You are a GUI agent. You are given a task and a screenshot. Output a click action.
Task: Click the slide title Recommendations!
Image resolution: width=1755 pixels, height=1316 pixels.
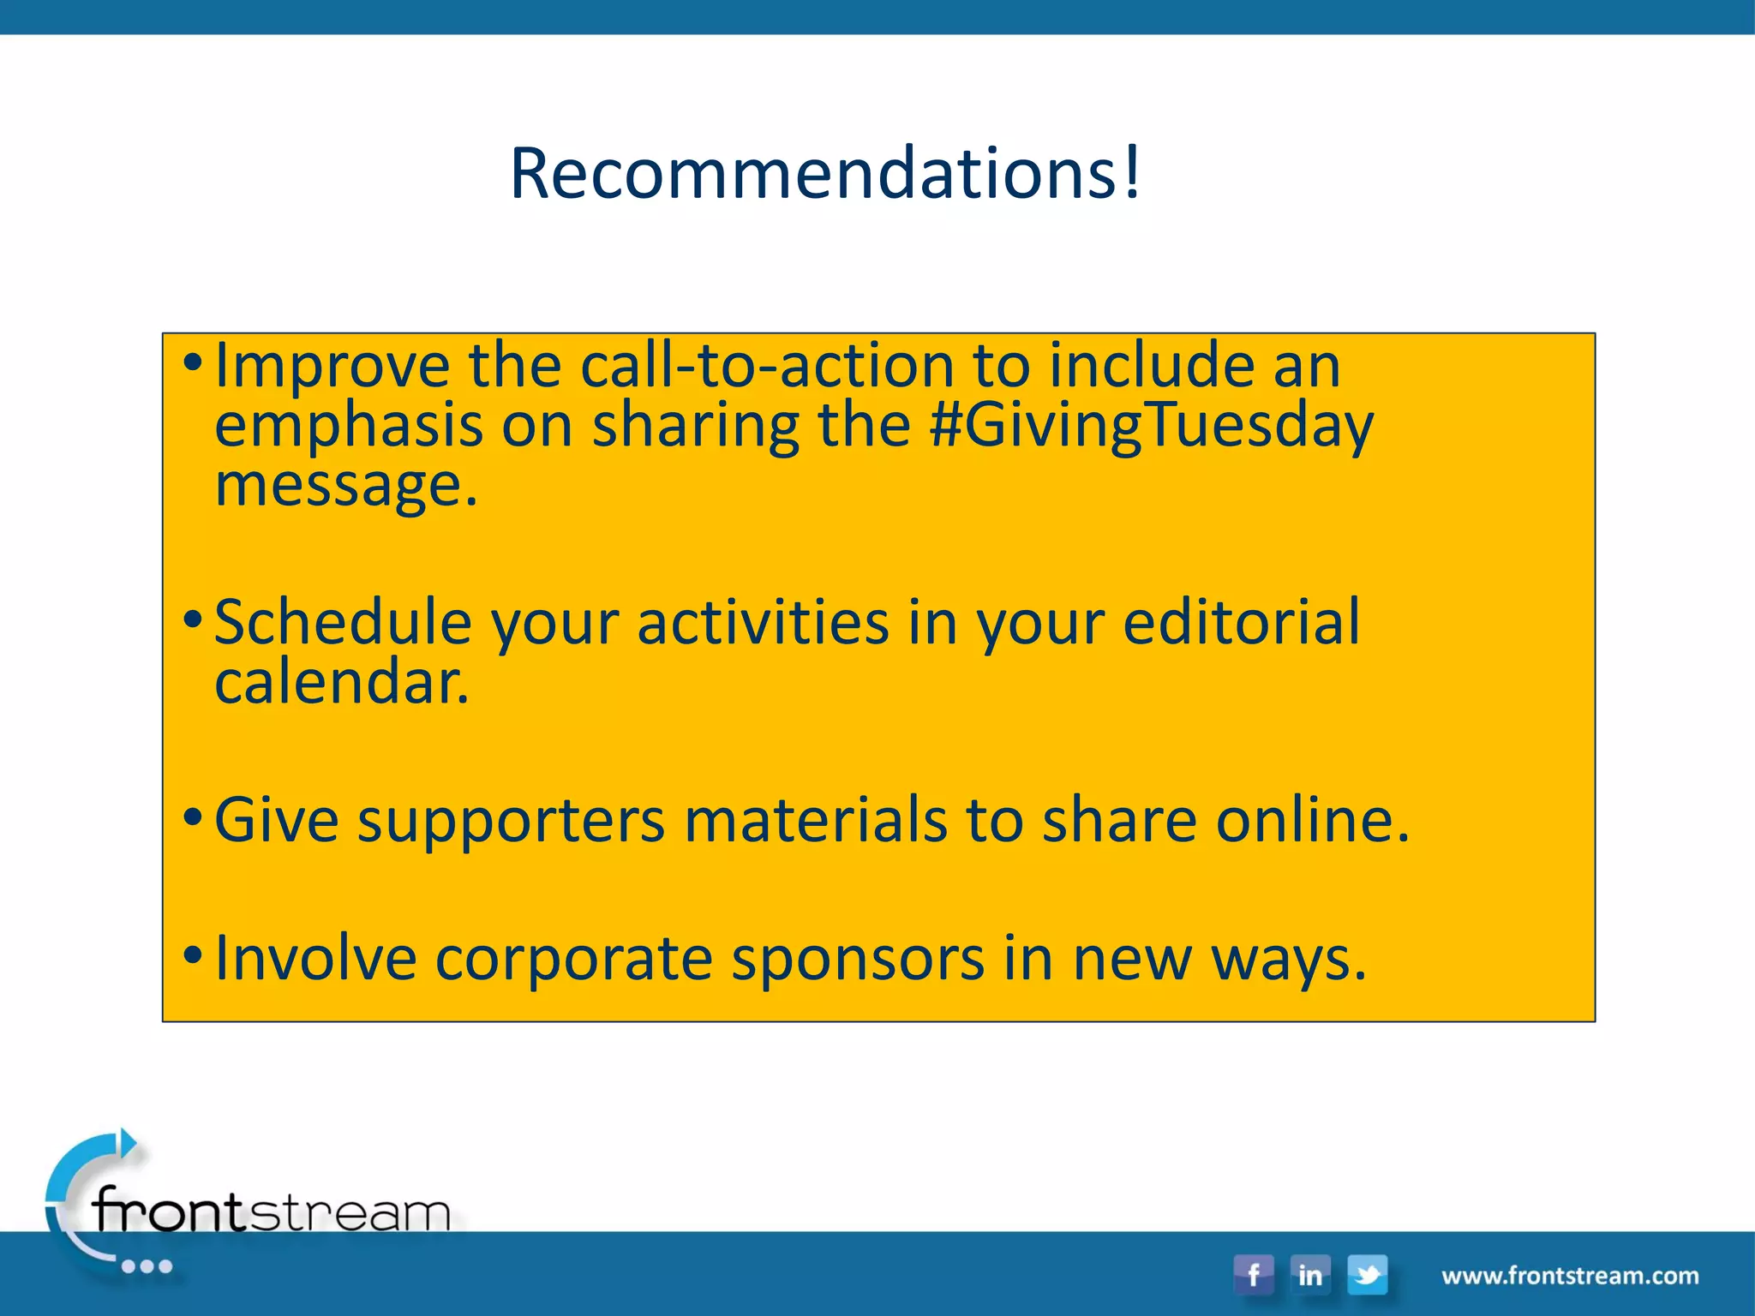pyautogui.click(x=825, y=174)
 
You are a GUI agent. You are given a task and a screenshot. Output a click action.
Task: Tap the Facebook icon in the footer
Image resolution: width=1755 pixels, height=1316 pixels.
pyautogui.click(x=1253, y=1274)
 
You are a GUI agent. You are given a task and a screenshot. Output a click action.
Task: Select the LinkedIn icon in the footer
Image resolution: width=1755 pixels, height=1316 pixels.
pyautogui.click(x=1310, y=1274)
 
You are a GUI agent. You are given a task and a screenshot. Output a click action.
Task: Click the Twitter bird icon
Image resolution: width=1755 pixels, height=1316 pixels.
pyautogui.click(x=1368, y=1274)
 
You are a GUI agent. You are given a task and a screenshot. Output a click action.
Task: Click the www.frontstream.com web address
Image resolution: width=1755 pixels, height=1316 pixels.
pyautogui.click(x=1570, y=1276)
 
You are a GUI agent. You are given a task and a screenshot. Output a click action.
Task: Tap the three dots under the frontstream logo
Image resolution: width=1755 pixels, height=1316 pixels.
pyautogui.click(x=147, y=1266)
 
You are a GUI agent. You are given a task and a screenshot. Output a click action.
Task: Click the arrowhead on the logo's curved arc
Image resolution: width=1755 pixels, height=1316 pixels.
pyautogui.click(x=128, y=1142)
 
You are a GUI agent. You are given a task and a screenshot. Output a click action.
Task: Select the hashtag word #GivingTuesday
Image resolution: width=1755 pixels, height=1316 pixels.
pyautogui.click(x=1151, y=426)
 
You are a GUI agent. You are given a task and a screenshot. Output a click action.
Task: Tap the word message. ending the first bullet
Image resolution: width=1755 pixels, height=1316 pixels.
pyautogui.click(x=345, y=486)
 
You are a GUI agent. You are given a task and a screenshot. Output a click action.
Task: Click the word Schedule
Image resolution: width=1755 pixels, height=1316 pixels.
pyautogui.click(x=343, y=623)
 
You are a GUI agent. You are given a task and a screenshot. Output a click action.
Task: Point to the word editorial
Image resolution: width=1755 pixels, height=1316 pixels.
pyautogui.click(x=1241, y=623)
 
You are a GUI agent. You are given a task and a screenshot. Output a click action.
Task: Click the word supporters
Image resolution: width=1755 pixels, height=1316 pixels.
pyautogui.click(x=511, y=821)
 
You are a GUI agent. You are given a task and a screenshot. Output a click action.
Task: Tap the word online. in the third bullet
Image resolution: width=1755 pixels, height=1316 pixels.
pyautogui.click(x=1313, y=821)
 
